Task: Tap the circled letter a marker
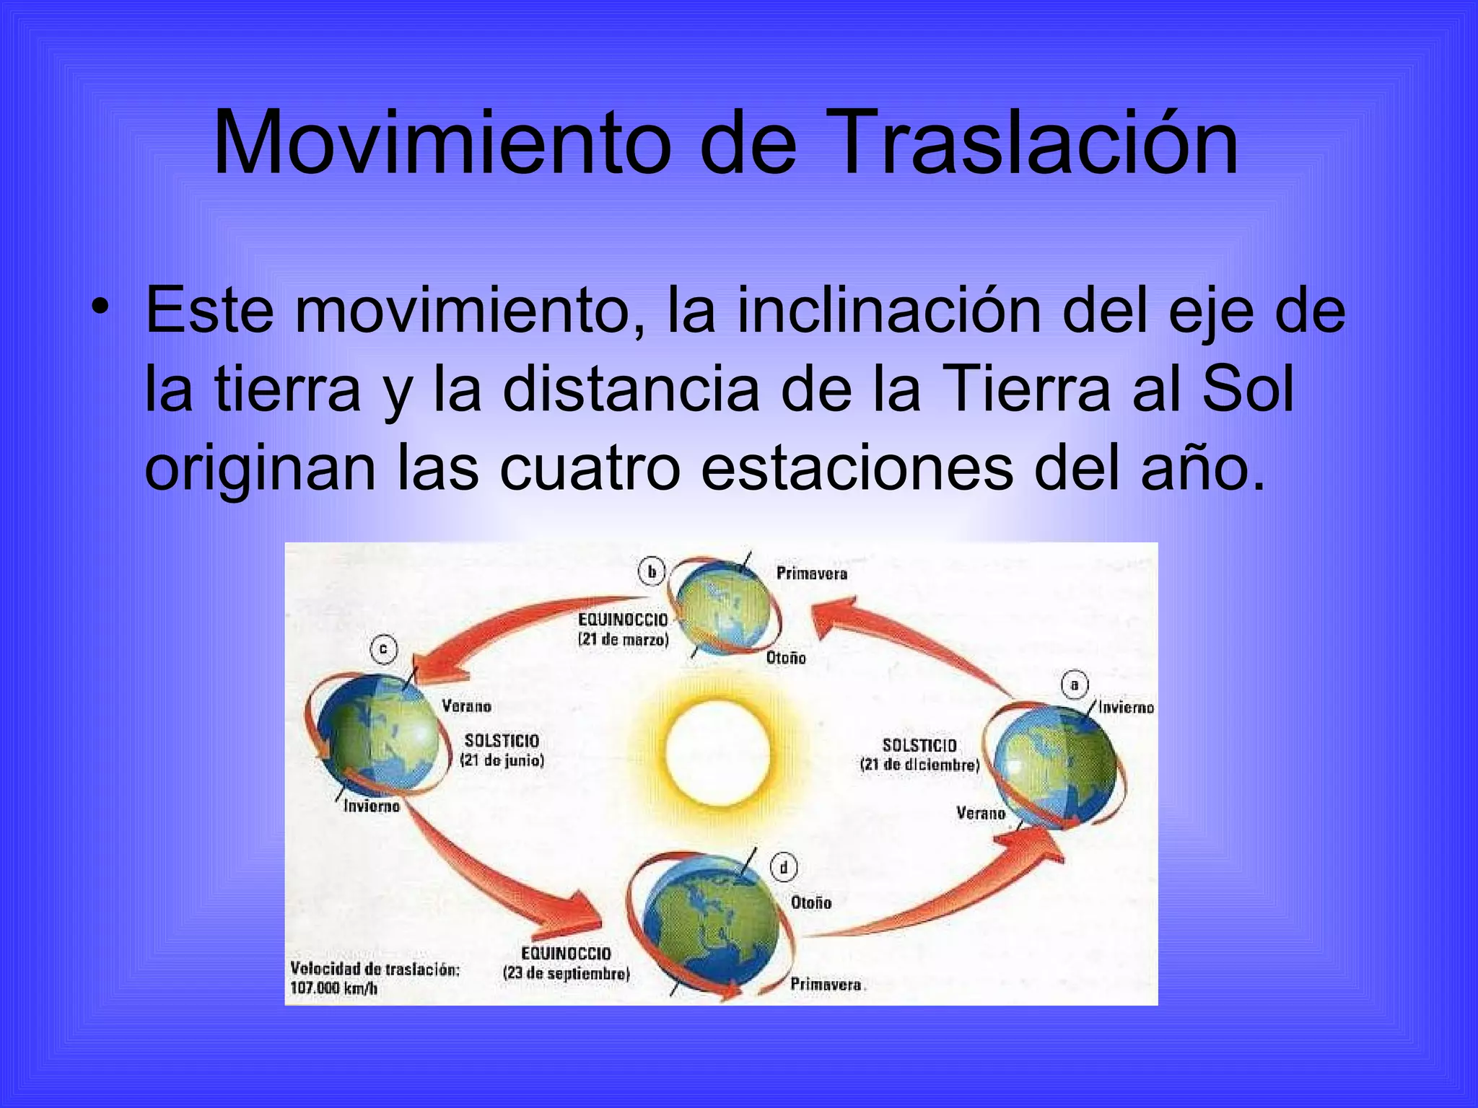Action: coord(1074,685)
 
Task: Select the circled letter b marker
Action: coord(652,572)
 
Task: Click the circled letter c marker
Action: coord(383,648)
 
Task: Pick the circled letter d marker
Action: coord(784,867)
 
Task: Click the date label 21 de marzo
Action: coord(624,640)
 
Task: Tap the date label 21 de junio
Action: coord(502,760)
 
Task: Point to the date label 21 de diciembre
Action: coord(919,765)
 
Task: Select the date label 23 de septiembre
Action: coord(567,973)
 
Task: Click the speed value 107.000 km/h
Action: coord(333,988)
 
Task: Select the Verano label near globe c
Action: coord(466,706)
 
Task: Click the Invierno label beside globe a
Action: coord(1126,708)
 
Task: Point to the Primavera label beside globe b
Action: coord(811,573)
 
